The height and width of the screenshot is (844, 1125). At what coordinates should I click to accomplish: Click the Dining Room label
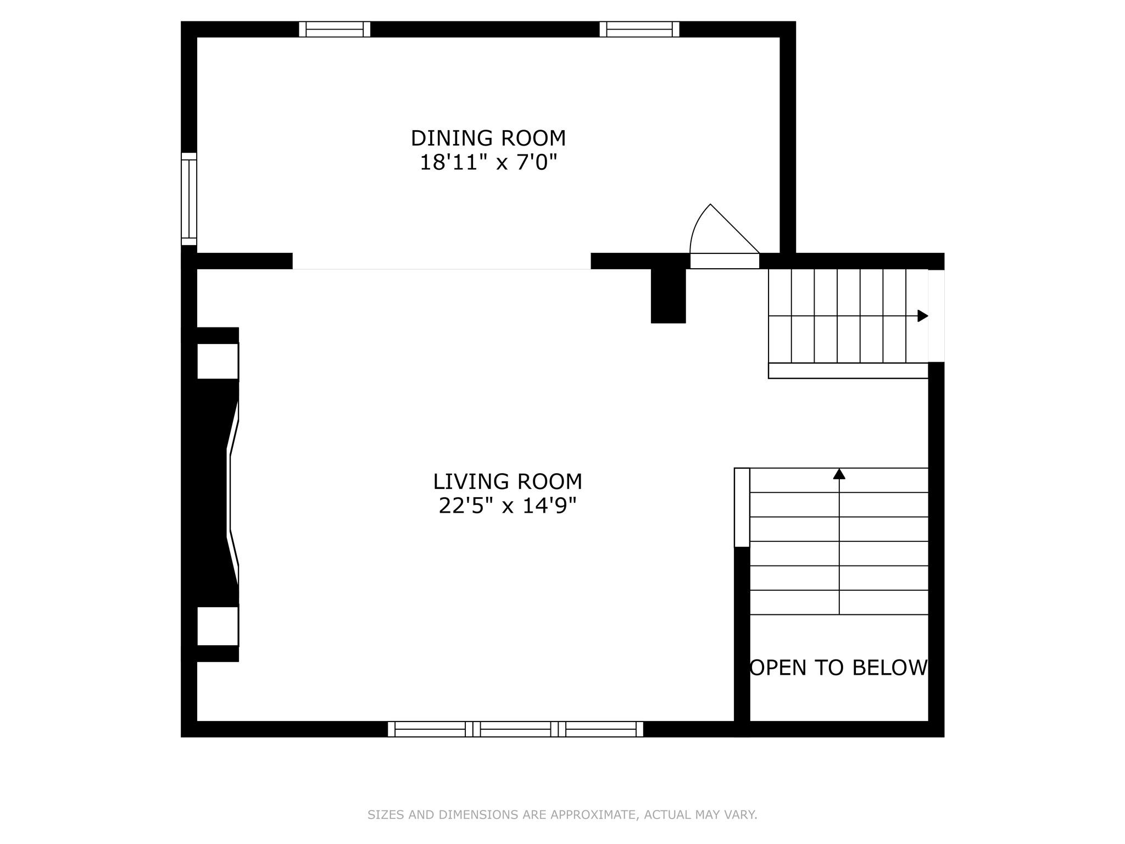[x=488, y=138]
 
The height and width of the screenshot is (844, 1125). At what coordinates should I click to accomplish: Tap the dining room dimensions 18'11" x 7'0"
[x=488, y=163]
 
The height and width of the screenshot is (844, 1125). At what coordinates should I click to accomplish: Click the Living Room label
[x=508, y=482]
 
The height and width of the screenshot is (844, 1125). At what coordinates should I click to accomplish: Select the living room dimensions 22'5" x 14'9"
[x=508, y=506]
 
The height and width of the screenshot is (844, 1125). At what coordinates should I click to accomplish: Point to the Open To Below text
[x=839, y=668]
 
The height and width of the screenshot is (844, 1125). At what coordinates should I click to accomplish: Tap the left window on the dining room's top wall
[x=335, y=29]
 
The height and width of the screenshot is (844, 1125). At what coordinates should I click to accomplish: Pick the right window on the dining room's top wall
[x=639, y=29]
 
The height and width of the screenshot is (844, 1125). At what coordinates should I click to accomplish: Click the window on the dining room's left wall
[x=189, y=199]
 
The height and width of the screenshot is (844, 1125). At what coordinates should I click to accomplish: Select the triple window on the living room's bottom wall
[x=515, y=729]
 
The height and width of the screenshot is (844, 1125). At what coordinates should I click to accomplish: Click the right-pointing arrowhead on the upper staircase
[x=923, y=316]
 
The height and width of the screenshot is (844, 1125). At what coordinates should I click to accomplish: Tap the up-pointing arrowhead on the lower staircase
[x=839, y=474]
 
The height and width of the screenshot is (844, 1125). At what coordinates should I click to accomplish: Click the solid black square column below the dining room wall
[x=668, y=296]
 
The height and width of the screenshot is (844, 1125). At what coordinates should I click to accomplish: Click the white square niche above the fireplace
[x=218, y=361]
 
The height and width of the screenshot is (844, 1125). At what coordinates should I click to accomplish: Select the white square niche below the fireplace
[x=218, y=626]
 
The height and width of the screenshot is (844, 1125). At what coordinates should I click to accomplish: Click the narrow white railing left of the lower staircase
[x=742, y=508]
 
